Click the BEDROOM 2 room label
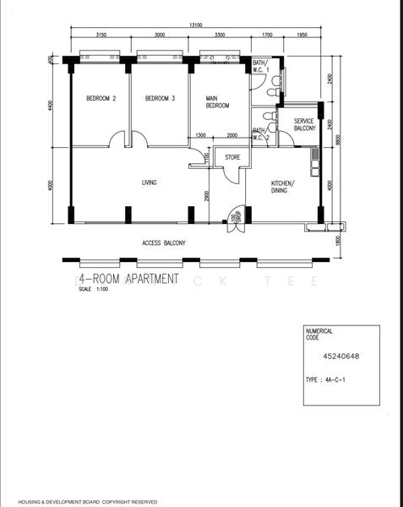[x=101, y=99]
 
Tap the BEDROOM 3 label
[x=160, y=99]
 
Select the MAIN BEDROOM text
[x=218, y=102]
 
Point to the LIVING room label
[x=149, y=183]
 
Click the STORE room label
[x=232, y=156]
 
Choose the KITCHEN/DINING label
[x=283, y=187]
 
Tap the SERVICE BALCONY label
[x=304, y=124]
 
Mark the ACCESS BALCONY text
[x=164, y=243]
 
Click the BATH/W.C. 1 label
[x=261, y=68]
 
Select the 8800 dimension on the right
[x=337, y=141]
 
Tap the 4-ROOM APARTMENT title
[x=128, y=278]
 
